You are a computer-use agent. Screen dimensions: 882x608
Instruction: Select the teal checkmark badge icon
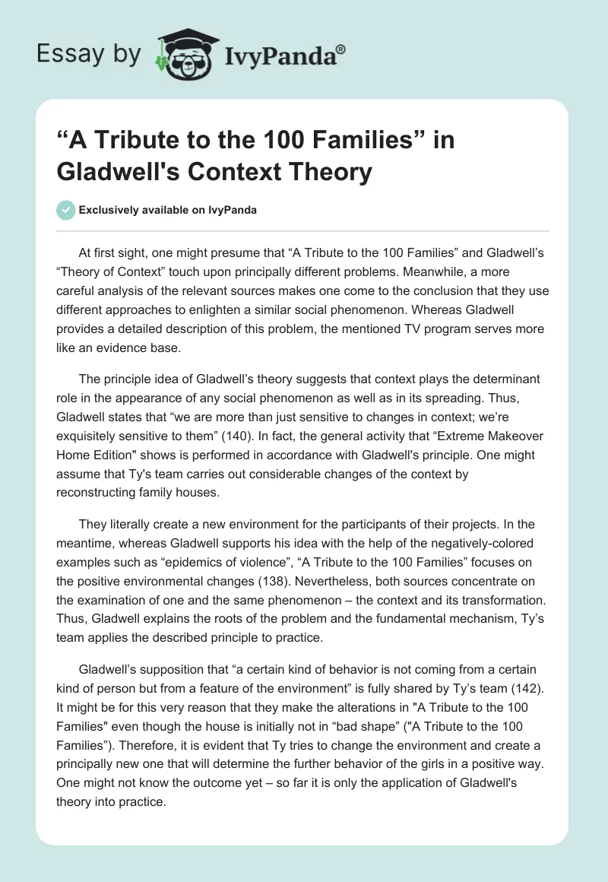coord(66,210)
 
